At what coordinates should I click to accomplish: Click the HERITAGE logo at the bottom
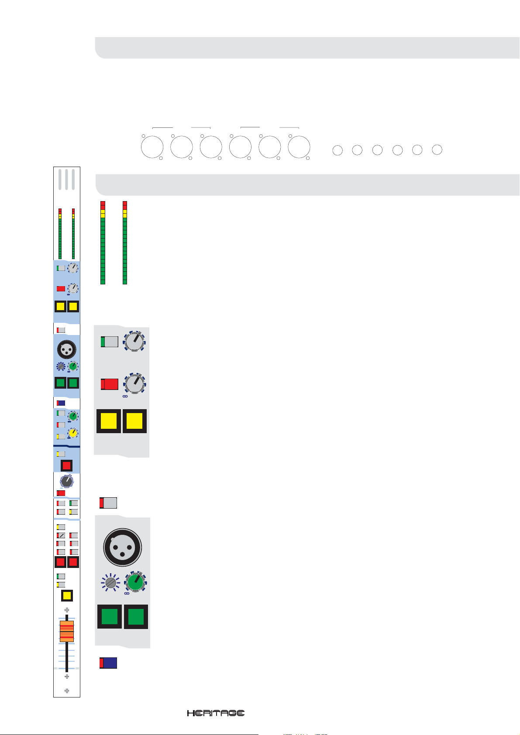pos(216,713)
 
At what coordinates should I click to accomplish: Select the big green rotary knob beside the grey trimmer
pos(136,582)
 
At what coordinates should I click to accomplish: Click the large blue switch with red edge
pos(108,663)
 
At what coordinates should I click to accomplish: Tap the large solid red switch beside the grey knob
pos(110,384)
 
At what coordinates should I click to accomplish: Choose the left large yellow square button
pos(109,421)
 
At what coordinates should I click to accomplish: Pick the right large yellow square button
pos(134,421)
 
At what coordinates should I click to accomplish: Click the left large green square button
pos(110,617)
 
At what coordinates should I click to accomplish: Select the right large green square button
pos(136,617)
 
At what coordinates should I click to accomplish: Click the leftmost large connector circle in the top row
pos(152,148)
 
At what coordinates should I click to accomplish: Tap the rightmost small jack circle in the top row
pos(437,150)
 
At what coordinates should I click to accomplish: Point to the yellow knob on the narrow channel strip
pos(73,433)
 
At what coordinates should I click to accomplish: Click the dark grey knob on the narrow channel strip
pos(66,482)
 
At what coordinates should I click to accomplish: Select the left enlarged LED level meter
pos(103,243)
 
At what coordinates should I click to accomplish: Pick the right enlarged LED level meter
pos(125,243)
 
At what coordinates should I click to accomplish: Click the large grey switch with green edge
pos(110,342)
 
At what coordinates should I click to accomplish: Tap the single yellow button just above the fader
pos(67,596)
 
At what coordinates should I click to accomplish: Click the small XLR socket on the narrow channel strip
pos(67,349)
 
